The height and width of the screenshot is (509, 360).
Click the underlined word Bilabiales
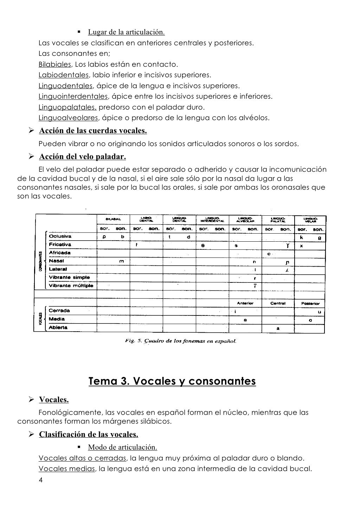coord(55,65)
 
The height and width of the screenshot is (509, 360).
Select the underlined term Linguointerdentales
coord(73,97)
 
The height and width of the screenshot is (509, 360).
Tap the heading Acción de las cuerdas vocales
coord(93,131)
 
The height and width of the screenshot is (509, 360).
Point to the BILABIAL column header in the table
coord(113,219)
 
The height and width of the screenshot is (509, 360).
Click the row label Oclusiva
coord(60,237)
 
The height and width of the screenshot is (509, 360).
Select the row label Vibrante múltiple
coord(71,286)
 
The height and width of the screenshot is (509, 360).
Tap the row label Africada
coord(60,253)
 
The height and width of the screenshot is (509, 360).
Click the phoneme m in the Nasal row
coord(121,261)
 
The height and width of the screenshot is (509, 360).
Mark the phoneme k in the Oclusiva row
coord(301,237)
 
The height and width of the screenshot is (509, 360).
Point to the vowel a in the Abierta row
coord(278,328)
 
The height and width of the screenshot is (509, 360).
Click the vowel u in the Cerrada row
coord(319,312)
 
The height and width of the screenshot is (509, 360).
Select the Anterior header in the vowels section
coord(245,303)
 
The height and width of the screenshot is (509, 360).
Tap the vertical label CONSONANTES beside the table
coord(41,261)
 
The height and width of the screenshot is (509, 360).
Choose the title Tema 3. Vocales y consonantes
coord(172,381)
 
